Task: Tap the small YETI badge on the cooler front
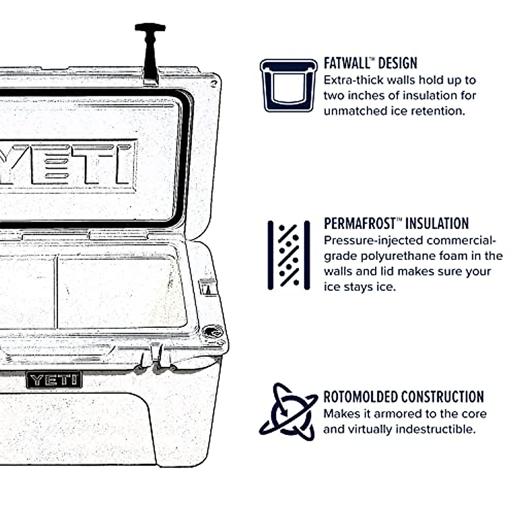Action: coord(54,379)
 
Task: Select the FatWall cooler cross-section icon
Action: coord(288,85)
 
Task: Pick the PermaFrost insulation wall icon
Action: coord(288,255)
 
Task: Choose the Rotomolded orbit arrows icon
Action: coord(288,412)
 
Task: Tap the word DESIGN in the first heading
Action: coord(398,64)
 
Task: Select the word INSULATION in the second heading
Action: coord(437,224)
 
